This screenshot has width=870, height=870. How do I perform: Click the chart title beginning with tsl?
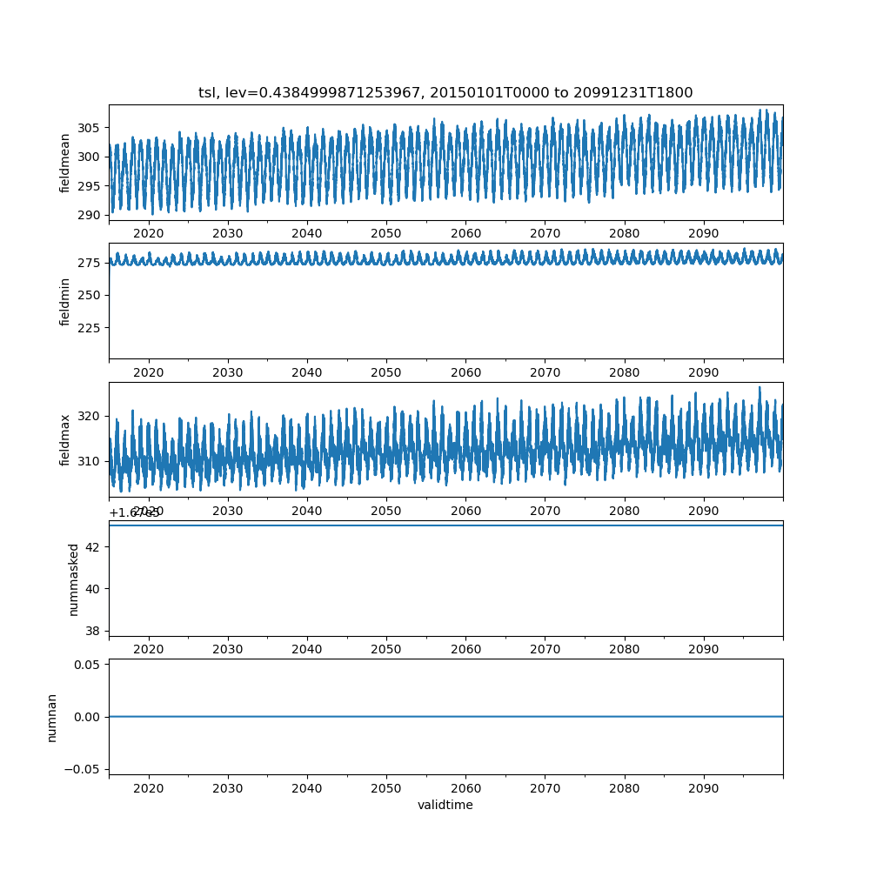pos(445,93)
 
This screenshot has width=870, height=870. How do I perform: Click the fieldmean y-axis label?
pos(65,163)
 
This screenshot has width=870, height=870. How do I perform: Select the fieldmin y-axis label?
pos(65,301)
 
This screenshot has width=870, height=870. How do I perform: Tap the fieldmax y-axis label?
pos(65,440)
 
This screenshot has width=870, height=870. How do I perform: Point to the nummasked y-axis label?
pos(74,579)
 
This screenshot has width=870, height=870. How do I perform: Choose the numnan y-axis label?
pos(52,717)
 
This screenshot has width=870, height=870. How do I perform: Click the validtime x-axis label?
pos(445,806)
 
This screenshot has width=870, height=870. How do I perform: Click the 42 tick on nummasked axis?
pos(95,546)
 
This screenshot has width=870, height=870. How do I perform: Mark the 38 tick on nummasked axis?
pos(95,630)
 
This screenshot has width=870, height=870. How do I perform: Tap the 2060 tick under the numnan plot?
pos(465,788)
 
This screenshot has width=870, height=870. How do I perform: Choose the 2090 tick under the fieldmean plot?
pos(703,234)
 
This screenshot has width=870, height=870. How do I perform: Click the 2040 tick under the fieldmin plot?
pos(307,372)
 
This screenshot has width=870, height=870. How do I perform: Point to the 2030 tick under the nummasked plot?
pos(228,650)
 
